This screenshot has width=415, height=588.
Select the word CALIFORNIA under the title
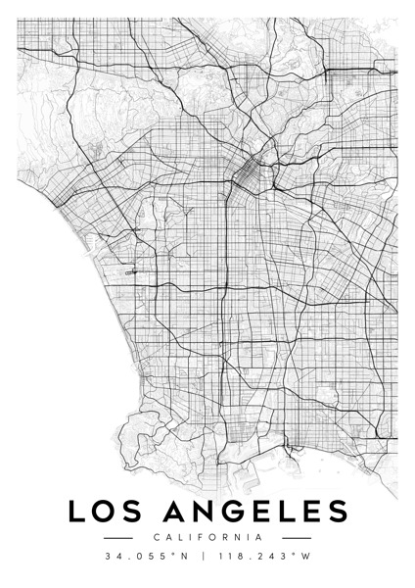207,537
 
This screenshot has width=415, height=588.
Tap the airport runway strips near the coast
132,273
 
